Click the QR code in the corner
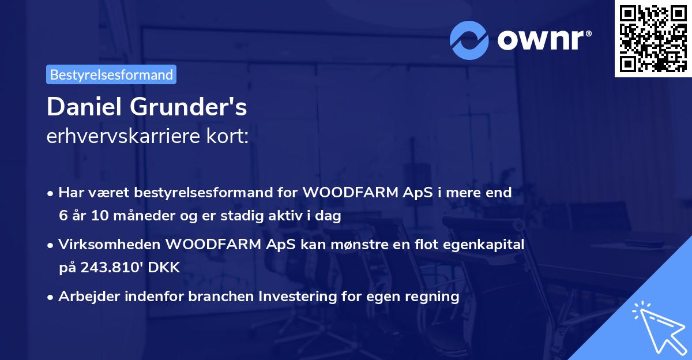(653, 38)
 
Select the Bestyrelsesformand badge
(111, 74)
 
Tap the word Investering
(296, 297)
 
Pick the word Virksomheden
(110, 245)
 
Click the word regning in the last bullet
(434, 297)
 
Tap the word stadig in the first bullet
(266, 216)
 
